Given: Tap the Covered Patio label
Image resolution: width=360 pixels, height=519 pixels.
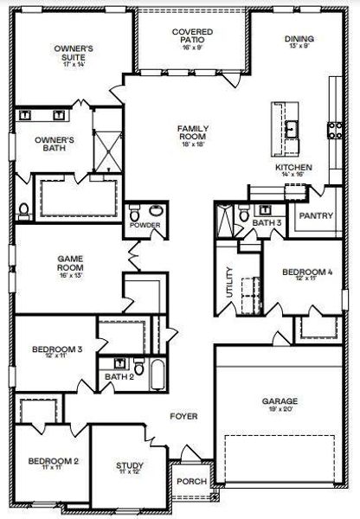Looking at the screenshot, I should pos(192,37).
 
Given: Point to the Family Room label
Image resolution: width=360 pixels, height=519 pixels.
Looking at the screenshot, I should pos(193,134).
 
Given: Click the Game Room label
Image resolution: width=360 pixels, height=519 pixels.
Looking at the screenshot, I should pos(69,265).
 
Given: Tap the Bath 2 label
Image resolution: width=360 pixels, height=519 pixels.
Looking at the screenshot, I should pos(119,376).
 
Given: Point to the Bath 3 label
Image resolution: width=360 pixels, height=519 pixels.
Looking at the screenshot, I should pos(267,222).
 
